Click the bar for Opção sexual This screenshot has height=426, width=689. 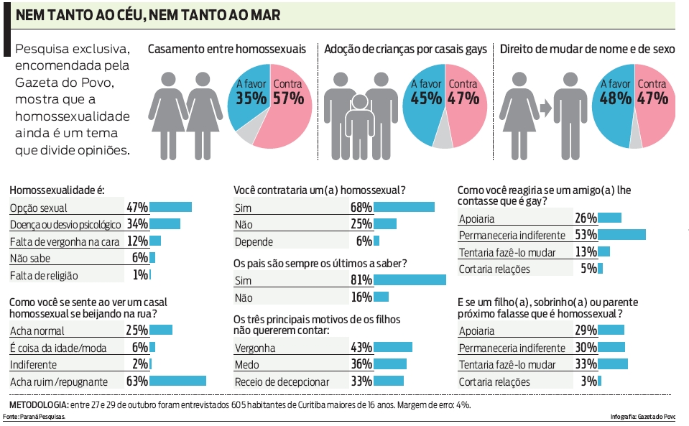pos(170,208)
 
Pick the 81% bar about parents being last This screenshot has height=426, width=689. pos(410,280)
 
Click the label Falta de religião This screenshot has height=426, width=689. pos(44,276)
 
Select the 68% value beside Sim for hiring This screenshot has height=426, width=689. pos(361,208)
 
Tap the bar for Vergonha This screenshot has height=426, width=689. pos(394,347)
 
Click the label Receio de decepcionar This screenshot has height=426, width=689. pos(282,381)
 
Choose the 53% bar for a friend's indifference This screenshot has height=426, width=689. pos(621,235)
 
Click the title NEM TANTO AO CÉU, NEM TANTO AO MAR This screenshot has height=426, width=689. pos(148,14)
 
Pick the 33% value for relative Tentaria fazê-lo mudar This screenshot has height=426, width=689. pos(586,364)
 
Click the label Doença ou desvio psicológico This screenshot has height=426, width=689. pos(65,224)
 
